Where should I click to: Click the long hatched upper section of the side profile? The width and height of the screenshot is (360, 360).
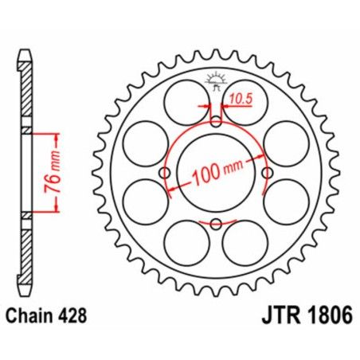click(26, 96)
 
